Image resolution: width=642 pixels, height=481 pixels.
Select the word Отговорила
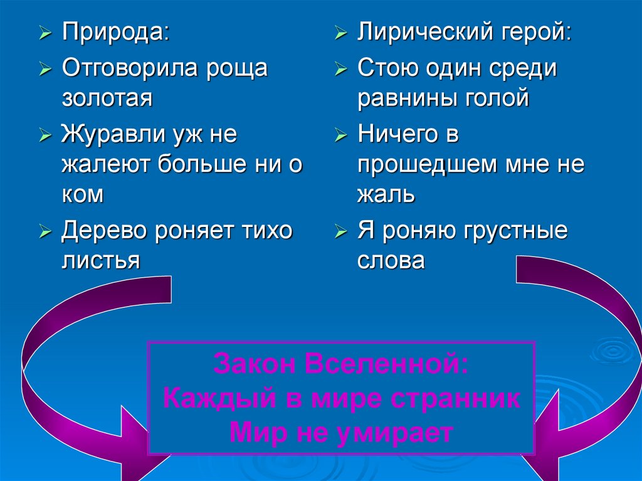129,68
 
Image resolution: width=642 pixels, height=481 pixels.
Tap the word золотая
107,98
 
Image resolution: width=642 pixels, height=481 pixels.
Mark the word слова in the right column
391,260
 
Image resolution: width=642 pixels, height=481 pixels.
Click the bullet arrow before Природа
45,34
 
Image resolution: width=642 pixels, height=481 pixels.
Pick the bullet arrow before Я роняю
340,231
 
